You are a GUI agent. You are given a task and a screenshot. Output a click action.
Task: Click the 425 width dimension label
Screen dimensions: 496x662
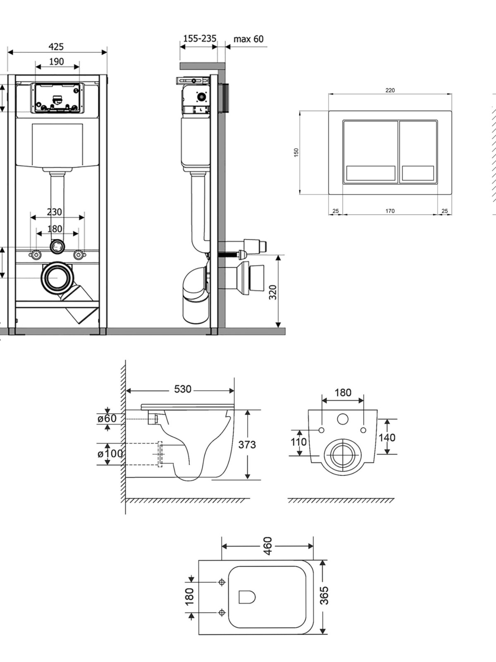(56, 47)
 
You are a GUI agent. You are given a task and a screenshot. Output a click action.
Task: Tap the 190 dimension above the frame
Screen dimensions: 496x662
(57, 62)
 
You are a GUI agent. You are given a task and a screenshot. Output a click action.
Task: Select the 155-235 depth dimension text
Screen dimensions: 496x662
(200, 38)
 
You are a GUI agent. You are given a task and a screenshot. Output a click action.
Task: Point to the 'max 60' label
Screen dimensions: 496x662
(248, 39)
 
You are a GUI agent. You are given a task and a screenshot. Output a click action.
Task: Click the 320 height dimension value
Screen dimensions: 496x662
(273, 292)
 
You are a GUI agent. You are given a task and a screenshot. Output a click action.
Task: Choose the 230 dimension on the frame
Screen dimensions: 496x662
(54, 212)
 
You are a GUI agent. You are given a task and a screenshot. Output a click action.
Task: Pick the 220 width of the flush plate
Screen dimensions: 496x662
(390, 90)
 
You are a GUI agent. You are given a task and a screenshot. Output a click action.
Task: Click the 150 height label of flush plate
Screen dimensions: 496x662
(296, 152)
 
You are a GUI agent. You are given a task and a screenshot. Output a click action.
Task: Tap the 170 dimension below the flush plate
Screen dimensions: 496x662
(390, 211)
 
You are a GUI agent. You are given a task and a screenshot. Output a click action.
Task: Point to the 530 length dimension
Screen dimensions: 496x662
(183, 389)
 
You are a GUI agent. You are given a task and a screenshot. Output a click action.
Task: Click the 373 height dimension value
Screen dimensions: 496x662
(247, 444)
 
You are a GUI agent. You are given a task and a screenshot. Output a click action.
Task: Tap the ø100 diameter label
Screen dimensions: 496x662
(110, 453)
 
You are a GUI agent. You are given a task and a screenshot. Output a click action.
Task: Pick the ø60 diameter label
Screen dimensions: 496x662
(107, 418)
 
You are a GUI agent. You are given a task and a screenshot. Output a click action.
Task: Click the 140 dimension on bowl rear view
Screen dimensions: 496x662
(387, 437)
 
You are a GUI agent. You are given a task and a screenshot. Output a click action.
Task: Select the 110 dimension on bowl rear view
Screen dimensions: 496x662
(298, 442)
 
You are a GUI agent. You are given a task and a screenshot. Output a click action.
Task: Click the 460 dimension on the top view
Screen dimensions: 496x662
(267, 546)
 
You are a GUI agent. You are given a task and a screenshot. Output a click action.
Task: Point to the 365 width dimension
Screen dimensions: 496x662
(324, 595)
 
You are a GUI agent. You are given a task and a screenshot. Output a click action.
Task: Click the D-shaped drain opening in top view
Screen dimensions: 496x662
(247, 597)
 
